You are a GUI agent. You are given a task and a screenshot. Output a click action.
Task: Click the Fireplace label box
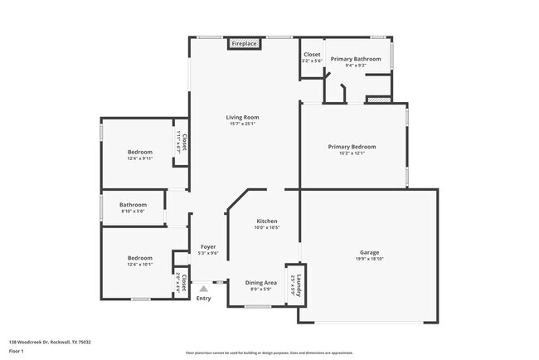pos(244,43)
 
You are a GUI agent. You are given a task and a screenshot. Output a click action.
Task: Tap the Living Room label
pos(243,117)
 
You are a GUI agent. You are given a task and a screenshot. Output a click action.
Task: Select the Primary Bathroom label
pos(356,59)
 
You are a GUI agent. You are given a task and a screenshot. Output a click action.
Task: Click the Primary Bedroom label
pos(352,146)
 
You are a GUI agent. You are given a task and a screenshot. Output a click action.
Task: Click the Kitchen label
pos(266,221)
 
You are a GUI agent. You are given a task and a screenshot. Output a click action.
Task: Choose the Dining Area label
pos(261,283)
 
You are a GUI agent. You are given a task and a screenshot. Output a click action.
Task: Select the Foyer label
pos(208,247)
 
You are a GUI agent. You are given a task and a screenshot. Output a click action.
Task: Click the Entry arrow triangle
pos(203,289)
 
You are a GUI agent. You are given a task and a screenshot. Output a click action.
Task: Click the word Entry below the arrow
pos(203,299)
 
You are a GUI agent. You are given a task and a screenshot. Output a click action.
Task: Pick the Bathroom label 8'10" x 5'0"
pos(133,204)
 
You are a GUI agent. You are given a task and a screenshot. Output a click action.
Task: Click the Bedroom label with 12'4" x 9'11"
pos(139,152)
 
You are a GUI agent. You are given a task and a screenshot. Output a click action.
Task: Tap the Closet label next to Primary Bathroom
pos(312,55)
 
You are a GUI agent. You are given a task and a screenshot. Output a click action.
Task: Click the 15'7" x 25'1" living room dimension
pos(243,124)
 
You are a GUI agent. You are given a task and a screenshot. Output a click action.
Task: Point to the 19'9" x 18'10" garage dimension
pos(369,259)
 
